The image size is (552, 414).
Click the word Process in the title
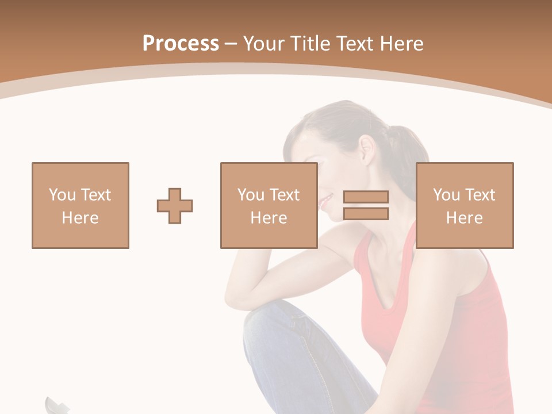coord(181,44)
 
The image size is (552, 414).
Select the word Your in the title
coord(264,44)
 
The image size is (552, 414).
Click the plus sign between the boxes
coord(175,206)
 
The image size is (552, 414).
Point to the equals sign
coord(366,205)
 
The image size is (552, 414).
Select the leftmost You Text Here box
coord(80,206)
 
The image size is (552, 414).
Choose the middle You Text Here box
coord(269,206)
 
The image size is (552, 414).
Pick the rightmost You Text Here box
coord(465,206)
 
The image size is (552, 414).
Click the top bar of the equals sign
coord(366,197)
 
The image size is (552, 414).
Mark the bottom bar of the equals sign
coord(366,214)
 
